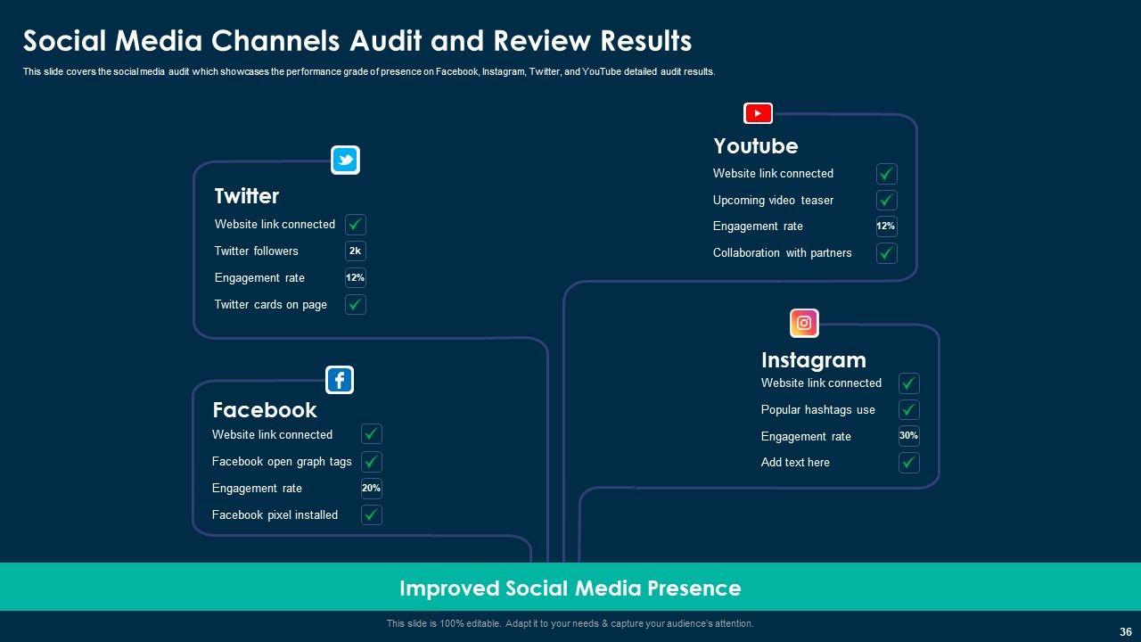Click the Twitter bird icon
tap(345, 160)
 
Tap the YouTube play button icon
tap(758, 113)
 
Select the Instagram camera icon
tap(804, 323)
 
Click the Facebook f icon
tap(340, 381)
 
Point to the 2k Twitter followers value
tap(355, 251)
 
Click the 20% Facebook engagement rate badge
tap(371, 488)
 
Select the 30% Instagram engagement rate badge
tap(908, 436)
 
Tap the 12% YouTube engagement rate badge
tap(885, 226)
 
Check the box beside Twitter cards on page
tap(356, 305)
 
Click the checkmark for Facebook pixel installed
tap(372, 514)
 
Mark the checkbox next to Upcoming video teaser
tap(886, 200)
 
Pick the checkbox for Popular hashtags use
tap(908, 410)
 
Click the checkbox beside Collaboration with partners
tap(886, 253)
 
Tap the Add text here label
tap(795, 463)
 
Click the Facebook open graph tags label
tap(282, 462)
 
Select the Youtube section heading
tap(755, 146)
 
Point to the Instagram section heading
tap(813, 360)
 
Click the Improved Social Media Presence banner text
tap(570, 588)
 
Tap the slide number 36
tap(1125, 631)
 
